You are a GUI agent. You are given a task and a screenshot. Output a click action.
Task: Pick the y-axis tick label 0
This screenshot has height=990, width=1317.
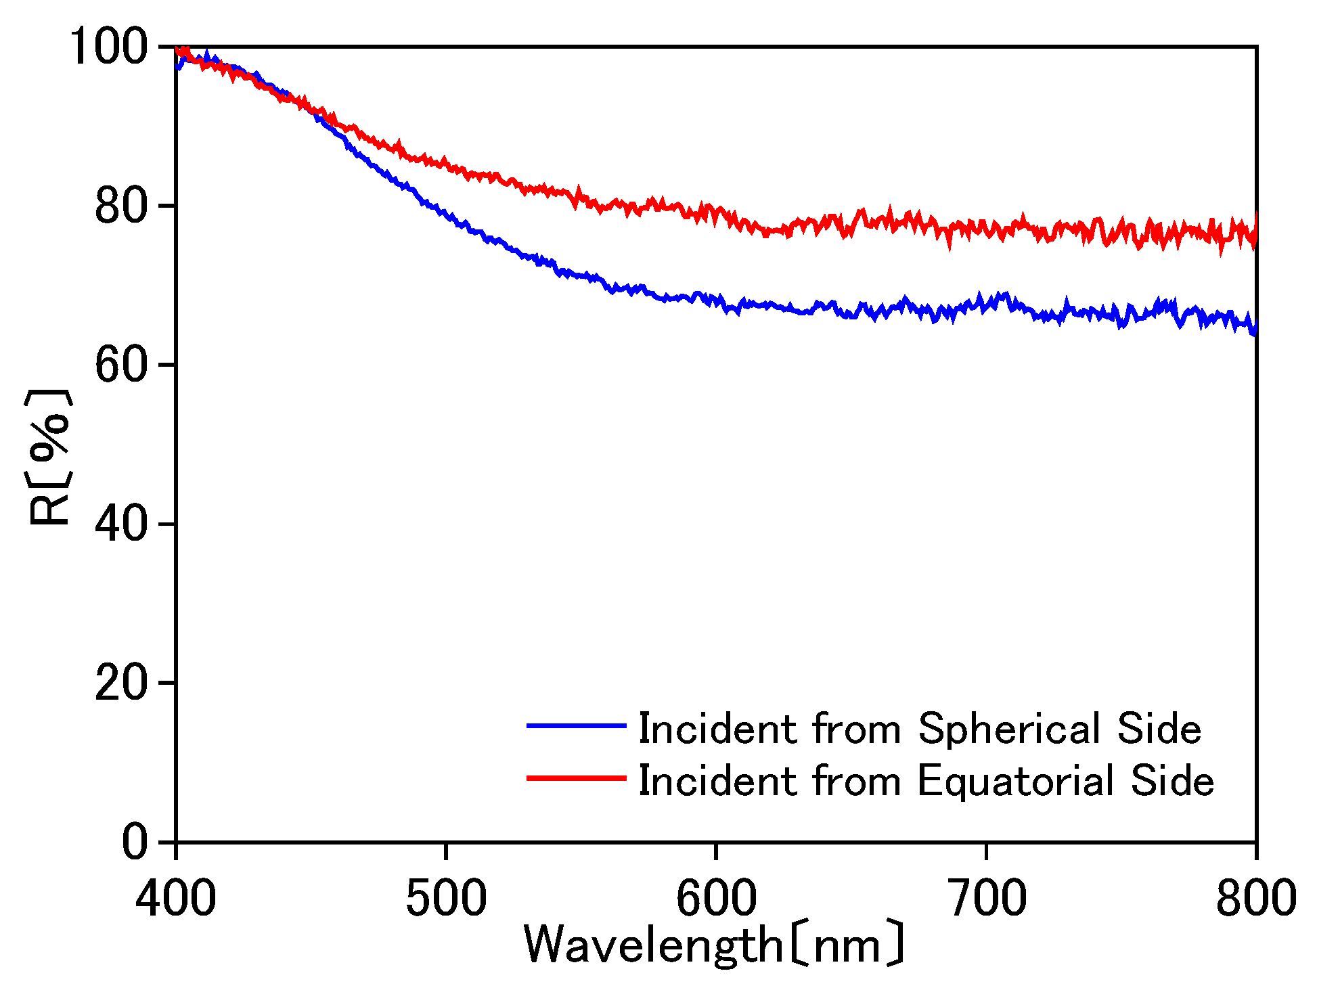[135, 842]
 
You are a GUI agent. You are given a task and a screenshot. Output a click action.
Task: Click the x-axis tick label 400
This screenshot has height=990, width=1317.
[176, 898]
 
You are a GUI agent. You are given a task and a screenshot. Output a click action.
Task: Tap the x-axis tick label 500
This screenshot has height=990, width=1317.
[446, 898]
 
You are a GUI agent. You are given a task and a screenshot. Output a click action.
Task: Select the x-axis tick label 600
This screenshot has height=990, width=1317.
[716, 898]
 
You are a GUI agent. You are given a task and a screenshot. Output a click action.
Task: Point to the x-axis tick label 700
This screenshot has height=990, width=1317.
[986, 898]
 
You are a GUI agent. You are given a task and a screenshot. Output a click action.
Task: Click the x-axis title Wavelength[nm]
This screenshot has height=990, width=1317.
[715, 945]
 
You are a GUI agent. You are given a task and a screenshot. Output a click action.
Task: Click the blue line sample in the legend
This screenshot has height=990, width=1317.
[576, 725]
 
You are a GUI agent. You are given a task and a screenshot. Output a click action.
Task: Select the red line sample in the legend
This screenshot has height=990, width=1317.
[576, 778]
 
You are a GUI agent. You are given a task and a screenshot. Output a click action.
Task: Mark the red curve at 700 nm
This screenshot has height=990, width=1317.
[986, 228]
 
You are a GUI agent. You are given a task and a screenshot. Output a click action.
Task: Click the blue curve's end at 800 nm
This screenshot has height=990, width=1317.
[1255, 331]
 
